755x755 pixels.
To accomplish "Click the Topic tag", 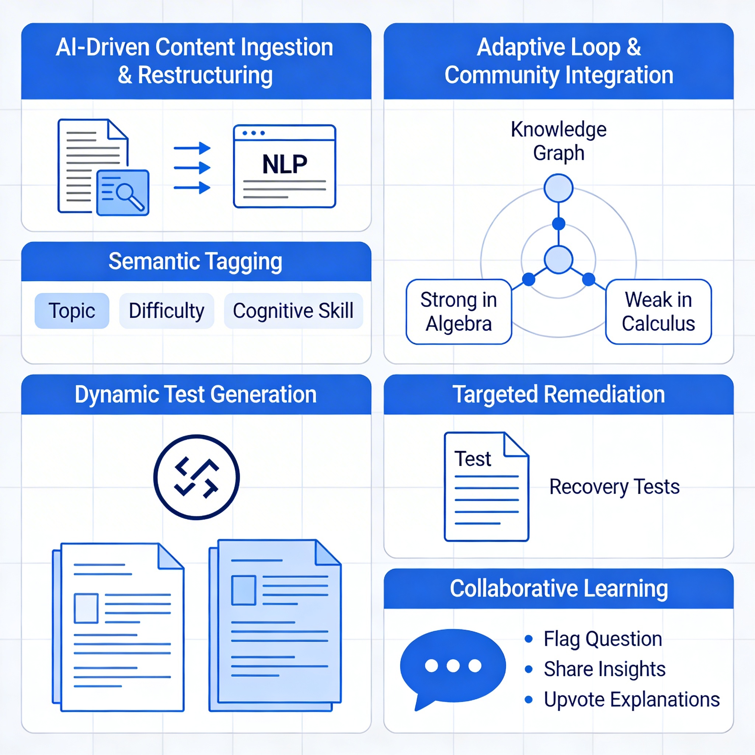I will [x=72, y=311].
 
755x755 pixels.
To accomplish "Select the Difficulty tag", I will [x=167, y=311].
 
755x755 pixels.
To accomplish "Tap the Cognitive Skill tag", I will [x=293, y=311].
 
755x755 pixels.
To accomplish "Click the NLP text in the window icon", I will [x=285, y=164].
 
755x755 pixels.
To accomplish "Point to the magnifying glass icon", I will [x=129, y=195].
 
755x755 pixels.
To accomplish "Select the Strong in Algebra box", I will [x=458, y=312].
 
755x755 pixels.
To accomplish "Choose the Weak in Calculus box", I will [x=658, y=312].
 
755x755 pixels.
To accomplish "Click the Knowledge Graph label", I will [x=559, y=141].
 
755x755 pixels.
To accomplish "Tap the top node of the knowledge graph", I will [x=559, y=188].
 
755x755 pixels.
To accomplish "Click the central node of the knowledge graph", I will [x=559, y=260].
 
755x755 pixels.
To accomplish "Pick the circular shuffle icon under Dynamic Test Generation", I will [x=196, y=477].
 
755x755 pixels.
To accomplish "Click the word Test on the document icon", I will [x=473, y=458].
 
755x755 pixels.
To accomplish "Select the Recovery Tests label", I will [x=614, y=487].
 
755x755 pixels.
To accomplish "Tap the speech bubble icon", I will [x=453, y=667].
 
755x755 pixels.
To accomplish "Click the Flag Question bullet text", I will [x=603, y=639].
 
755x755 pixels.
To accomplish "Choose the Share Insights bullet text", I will [x=605, y=669].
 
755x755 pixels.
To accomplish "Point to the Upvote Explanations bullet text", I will [x=632, y=699].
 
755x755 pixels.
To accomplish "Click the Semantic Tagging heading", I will [x=195, y=261].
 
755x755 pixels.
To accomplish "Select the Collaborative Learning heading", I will [x=559, y=588].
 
